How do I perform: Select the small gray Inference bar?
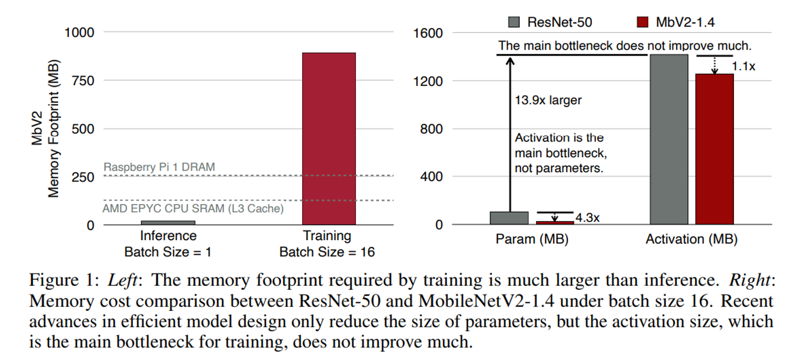[x=150, y=223]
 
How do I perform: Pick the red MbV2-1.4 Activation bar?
[x=715, y=149]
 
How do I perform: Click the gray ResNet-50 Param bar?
[x=509, y=218]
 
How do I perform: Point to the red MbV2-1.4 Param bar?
[x=555, y=223]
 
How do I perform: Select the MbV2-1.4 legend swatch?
[x=642, y=22]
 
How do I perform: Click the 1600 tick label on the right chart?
[x=429, y=33]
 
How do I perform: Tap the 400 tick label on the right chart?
[x=432, y=177]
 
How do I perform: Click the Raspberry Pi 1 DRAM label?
[x=159, y=167]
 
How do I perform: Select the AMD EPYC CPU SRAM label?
[x=193, y=209]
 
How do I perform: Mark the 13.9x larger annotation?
[x=548, y=100]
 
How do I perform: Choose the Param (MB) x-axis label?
[x=532, y=240]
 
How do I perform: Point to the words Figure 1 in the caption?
[x=60, y=282]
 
